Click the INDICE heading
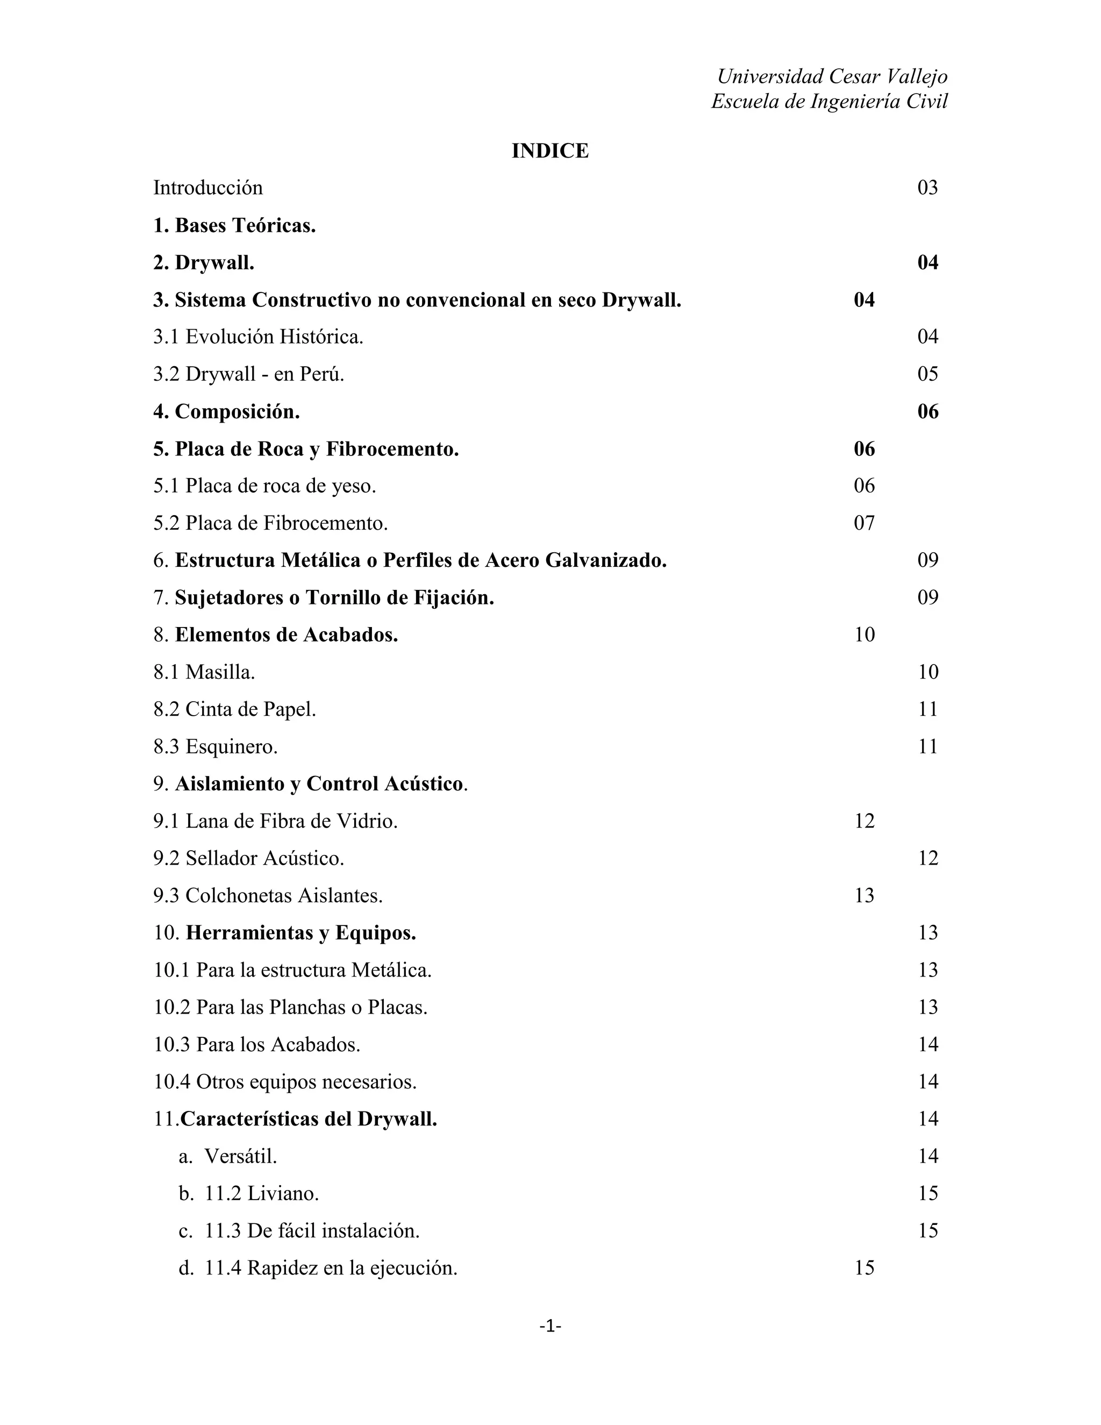[x=550, y=151]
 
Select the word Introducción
[x=208, y=188]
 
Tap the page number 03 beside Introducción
[x=927, y=188]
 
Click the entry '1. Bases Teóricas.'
[x=235, y=226]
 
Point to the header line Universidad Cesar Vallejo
[x=832, y=76]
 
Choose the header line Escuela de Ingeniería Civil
[x=829, y=101]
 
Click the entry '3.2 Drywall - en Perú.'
[x=248, y=374]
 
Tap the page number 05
[x=927, y=374]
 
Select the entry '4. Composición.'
[x=226, y=412]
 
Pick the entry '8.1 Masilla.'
[x=204, y=672]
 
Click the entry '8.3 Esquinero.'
[x=215, y=746]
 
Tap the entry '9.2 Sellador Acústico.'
[x=248, y=858]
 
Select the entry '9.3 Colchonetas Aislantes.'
[x=268, y=896]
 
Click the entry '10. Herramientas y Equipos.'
[x=284, y=933]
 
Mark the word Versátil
[x=241, y=1156]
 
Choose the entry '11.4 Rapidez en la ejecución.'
[x=331, y=1268]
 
